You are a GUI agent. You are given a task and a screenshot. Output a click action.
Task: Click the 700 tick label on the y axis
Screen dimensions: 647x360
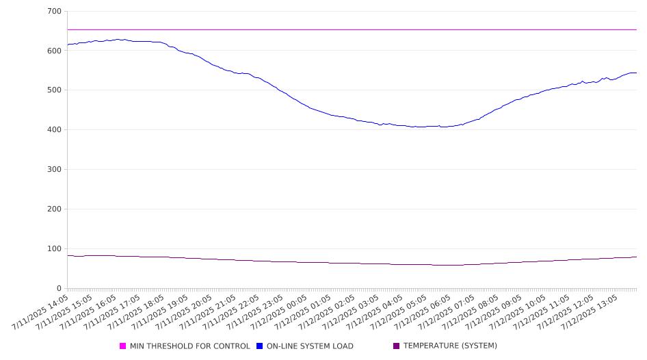tap(55, 11)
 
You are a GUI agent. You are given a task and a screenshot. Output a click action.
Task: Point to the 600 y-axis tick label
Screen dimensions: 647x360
tap(55, 51)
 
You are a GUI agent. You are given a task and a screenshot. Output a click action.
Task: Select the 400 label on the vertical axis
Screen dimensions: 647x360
tap(55, 129)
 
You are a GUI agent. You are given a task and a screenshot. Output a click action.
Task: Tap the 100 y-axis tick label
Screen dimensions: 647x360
tap(55, 248)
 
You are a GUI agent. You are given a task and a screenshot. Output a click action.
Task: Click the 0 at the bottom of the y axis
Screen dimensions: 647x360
tap(59, 288)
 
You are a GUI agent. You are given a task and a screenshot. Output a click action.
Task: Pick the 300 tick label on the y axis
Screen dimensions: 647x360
tap(55, 169)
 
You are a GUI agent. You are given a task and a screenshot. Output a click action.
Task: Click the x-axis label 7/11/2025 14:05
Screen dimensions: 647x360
tap(40, 312)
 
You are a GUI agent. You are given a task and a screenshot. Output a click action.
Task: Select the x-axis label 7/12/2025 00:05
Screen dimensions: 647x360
tap(279, 312)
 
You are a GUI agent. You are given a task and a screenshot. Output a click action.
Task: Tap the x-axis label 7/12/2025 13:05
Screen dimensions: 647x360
tap(590, 312)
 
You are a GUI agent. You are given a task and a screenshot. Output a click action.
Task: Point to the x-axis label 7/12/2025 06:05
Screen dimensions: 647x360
tap(422, 312)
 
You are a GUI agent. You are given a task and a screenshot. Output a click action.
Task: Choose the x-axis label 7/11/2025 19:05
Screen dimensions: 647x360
tap(159, 312)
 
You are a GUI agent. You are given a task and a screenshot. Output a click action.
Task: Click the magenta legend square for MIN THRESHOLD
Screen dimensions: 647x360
tap(122, 346)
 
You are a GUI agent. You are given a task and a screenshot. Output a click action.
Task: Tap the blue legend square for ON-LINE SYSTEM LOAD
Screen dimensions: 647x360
tap(259, 346)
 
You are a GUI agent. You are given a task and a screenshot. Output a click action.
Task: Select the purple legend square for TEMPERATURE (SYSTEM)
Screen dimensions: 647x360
tap(397, 346)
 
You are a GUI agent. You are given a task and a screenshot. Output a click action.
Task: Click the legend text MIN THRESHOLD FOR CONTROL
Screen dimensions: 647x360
tap(190, 346)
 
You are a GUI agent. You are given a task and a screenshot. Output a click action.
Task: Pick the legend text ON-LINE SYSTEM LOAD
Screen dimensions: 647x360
tap(310, 346)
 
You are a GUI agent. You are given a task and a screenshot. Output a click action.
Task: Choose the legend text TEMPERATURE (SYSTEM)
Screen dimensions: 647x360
tap(450, 346)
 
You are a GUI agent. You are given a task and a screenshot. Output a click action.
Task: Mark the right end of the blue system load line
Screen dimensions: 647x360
tap(637, 73)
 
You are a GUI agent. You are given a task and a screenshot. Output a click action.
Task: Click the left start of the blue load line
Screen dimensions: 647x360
tap(67, 44)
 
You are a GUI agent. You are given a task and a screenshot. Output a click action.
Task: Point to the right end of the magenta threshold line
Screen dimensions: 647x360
tap(637, 29)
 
